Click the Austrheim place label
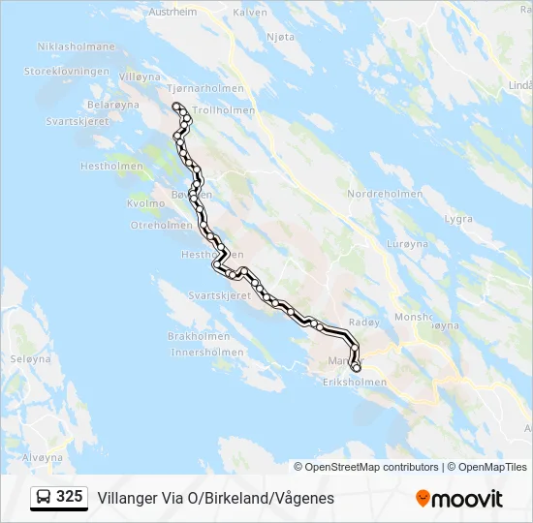tap(172, 13)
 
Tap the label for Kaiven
tap(249, 13)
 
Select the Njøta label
tap(279, 37)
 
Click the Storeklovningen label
tap(67, 72)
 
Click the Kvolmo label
tap(146, 203)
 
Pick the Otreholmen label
tap(162, 225)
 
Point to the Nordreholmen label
tap(385, 194)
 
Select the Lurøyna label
tap(406, 244)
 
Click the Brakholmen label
tap(199, 336)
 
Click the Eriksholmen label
tap(354, 383)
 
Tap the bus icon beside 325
tap(43, 497)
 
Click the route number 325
tap(70, 497)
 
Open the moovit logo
tap(459, 498)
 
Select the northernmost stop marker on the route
tap(175, 106)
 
